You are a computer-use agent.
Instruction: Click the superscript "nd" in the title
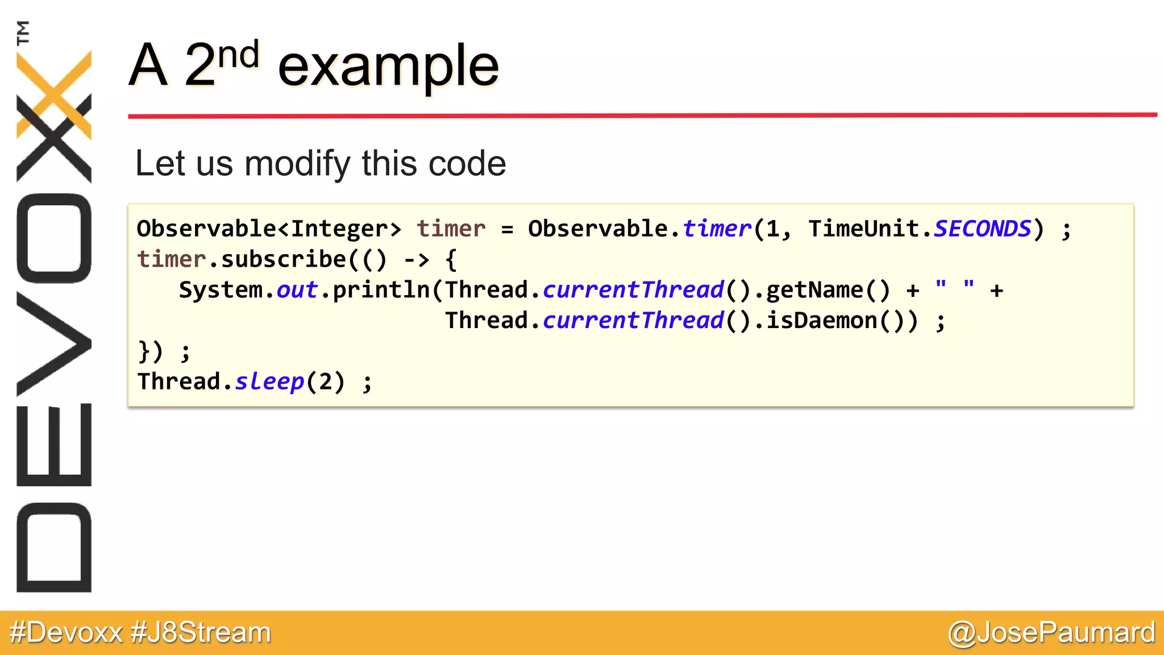pos(239,56)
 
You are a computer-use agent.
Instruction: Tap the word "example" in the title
pos(388,67)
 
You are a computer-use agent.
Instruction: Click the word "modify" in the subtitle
pos(298,164)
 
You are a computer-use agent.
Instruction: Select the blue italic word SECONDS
pos(982,229)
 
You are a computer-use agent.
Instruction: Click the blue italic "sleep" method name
pos(269,382)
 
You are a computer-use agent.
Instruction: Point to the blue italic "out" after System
pos(297,290)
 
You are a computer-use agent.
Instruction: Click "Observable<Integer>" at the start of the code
pos(269,229)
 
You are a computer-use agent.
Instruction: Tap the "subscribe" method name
pos(283,259)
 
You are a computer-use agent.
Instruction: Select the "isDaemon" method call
pos(822,321)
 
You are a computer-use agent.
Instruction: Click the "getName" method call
pos(814,290)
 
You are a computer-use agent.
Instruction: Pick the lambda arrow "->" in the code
pos(417,260)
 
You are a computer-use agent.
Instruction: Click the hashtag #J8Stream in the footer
pos(201,633)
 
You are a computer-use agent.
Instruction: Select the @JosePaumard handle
pos(1051,633)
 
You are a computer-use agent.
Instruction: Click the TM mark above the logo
pos(23,32)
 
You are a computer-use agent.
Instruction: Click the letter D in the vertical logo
pos(54,548)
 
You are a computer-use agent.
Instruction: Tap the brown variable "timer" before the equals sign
pos(451,229)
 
